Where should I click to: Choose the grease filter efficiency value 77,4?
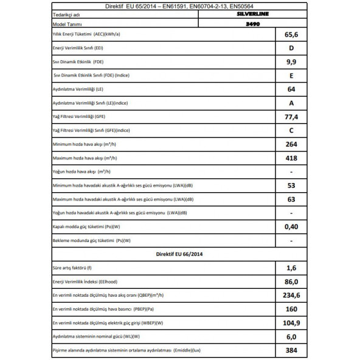292,117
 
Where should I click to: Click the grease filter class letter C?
292,130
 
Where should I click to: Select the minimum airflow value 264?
292,144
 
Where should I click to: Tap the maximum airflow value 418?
292,158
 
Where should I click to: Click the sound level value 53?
292,185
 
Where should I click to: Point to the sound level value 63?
292,199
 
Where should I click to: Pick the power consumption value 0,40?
292,227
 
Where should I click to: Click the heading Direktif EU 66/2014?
180,254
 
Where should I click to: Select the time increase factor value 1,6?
292,268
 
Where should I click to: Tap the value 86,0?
292,282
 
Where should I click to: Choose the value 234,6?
292,296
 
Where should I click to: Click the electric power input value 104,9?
292,324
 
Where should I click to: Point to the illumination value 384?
292,351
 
